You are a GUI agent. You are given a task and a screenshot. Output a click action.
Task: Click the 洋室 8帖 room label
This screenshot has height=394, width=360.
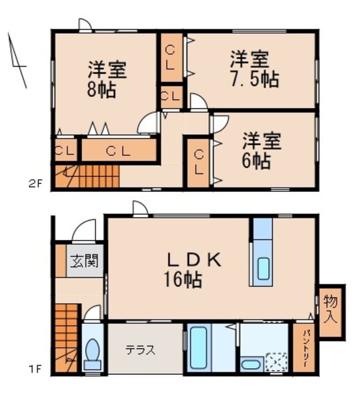[x=108, y=79]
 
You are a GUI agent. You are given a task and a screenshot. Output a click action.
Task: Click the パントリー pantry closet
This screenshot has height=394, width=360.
[x=300, y=349]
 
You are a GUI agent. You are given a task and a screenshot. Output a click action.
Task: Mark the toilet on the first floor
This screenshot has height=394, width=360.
[x=93, y=353]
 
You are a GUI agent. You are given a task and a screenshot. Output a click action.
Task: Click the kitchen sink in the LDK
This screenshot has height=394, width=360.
[x=263, y=269]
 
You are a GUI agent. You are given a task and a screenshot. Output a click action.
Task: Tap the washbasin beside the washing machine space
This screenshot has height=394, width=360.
[x=250, y=364]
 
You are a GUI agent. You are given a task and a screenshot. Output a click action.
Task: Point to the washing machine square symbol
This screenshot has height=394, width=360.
[x=277, y=362]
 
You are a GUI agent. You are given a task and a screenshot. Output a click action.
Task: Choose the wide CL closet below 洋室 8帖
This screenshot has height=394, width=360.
[x=118, y=151]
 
